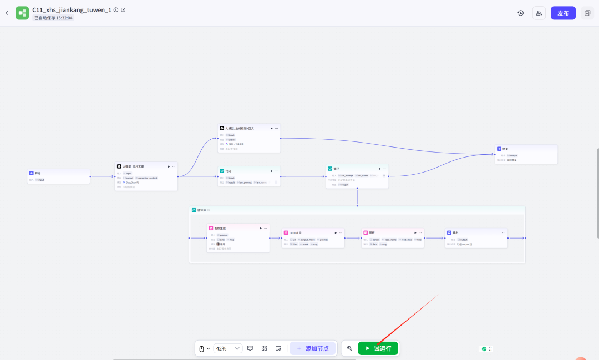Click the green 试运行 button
[x=378, y=348]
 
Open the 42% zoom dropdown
[x=228, y=348]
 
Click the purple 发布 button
[x=563, y=13]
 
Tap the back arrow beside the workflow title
[x=7, y=13]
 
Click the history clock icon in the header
[x=520, y=13]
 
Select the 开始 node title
[x=38, y=173]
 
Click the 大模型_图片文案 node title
[x=133, y=166]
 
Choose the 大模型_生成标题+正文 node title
[x=239, y=128]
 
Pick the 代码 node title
[x=228, y=171]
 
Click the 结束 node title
[x=505, y=149]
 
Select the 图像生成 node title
[x=220, y=228]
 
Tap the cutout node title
[x=294, y=232]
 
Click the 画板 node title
[x=372, y=232]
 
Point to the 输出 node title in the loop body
[x=455, y=232]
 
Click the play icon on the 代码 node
[x=271, y=171]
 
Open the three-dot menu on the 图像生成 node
[x=266, y=228]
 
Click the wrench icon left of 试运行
[x=349, y=348]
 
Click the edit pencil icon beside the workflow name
[x=123, y=9]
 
